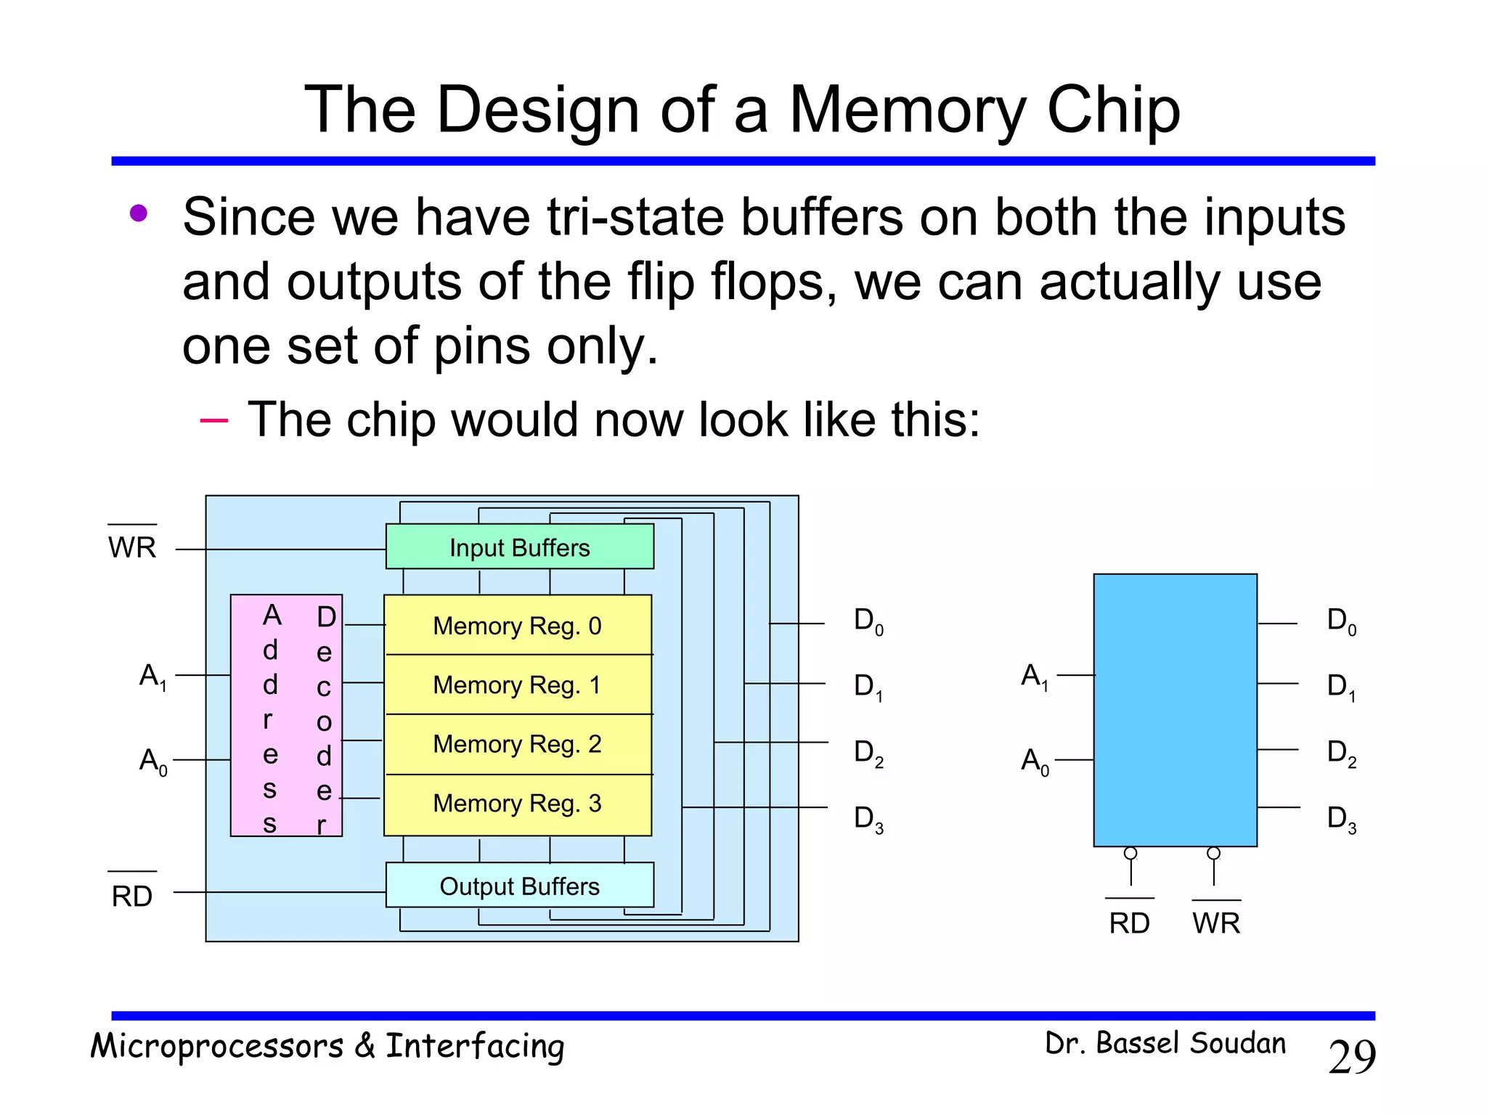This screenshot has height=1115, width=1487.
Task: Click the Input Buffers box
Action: pos(519,547)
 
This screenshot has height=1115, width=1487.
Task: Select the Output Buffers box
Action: pos(519,886)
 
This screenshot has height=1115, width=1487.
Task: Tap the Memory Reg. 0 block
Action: pos(517,625)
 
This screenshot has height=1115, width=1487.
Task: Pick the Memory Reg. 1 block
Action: pos(517,685)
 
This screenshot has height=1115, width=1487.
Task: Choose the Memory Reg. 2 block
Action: pos(517,744)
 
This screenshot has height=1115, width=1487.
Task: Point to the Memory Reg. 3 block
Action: pos(517,804)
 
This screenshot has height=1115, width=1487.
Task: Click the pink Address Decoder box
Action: pos(286,716)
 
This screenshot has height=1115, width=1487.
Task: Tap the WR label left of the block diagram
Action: pos(132,547)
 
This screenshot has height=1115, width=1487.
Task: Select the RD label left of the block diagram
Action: pos(132,897)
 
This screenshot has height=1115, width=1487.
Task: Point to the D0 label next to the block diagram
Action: pos(868,621)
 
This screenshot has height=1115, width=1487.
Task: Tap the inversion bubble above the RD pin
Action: pos(1130,854)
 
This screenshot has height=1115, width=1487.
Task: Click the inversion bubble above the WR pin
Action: pos(1213,854)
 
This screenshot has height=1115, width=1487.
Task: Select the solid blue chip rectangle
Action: pos(1175,710)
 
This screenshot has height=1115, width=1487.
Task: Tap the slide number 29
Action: pos(1352,1057)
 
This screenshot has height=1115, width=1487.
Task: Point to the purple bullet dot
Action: pos(139,213)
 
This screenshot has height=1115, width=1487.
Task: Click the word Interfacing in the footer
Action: pos(475,1047)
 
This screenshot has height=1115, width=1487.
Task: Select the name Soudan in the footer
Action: pos(1238,1043)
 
